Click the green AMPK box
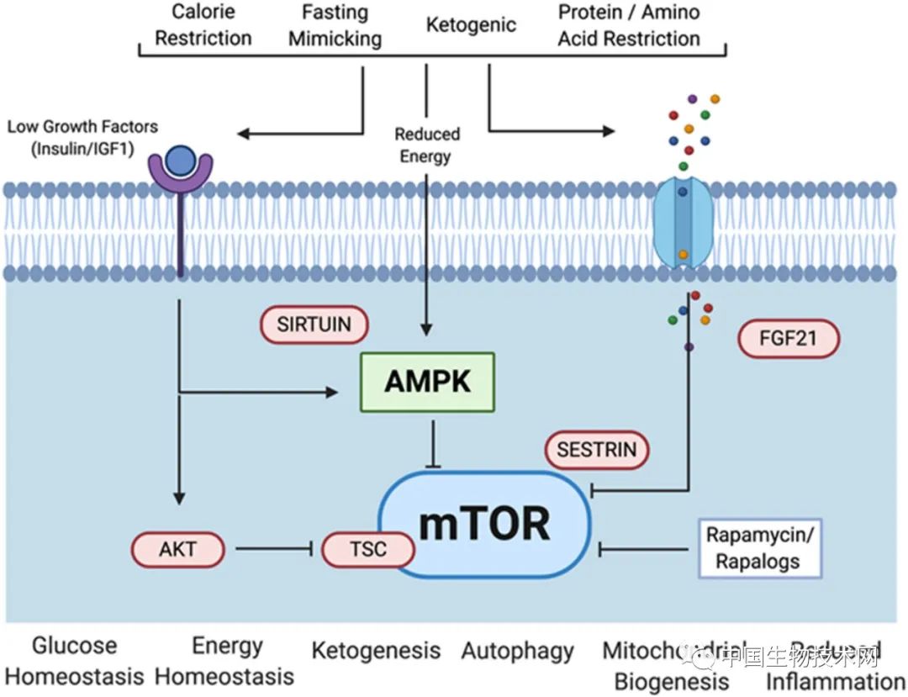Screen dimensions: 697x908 (x=427, y=382)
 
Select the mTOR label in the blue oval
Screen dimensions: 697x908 (x=484, y=523)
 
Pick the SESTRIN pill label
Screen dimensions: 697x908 (x=597, y=450)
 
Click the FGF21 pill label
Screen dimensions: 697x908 (x=788, y=340)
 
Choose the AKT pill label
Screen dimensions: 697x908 (x=178, y=550)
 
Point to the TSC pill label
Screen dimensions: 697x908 (x=368, y=550)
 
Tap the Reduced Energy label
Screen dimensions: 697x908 (x=427, y=145)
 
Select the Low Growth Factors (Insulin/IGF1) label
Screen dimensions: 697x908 (x=82, y=135)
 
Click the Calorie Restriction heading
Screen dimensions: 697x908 (x=203, y=25)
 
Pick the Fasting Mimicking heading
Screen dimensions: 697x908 (x=335, y=25)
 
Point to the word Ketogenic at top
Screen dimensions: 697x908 (x=471, y=24)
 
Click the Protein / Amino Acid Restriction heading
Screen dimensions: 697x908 (x=629, y=25)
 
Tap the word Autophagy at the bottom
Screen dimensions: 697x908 (x=517, y=651)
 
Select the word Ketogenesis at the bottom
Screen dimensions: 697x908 (x=376, y=651)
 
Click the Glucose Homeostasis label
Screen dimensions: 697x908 (x=75, y=661)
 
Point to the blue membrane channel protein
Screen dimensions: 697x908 (x=683, y=223)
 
